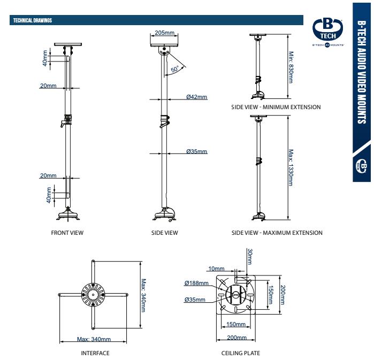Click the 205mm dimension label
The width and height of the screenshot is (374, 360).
[165, 33]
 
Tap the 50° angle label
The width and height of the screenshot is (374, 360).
[175, 70]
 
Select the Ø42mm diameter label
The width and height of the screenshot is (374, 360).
[196, 97]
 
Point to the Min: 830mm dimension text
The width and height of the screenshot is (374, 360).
[291, 67]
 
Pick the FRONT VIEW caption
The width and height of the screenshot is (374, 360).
[67, 233]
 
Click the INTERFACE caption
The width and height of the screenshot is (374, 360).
[95, 353]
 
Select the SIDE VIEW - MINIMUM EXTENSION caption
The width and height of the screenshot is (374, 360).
[276, 107]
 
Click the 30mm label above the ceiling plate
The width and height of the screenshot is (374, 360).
[249, 256]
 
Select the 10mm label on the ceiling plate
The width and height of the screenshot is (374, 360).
[216, 269]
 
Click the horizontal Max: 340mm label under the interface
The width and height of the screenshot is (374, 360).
[94, 339]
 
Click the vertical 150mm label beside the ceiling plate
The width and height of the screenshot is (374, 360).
[271, 293]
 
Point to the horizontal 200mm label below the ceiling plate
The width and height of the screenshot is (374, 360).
[237, 338]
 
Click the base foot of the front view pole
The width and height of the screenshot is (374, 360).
[68, 215]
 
